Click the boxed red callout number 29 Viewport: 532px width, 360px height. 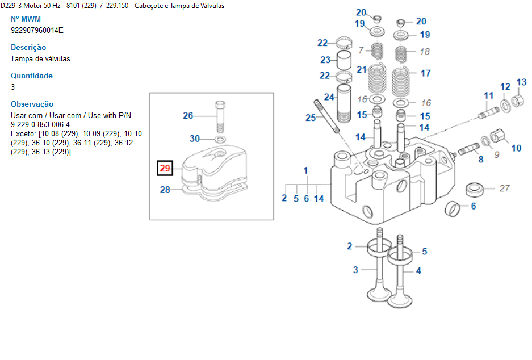(x=165, y=168)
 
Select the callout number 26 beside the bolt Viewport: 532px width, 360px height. (x=188, y=116)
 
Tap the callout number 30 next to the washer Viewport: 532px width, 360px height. (x=195, y=139)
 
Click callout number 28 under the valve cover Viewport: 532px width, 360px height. (x=165, y=190)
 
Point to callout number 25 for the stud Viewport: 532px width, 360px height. (x=311, y=118)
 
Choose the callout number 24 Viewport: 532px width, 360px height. (x=329, y=97)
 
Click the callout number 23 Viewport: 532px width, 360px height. (x=325, y=60)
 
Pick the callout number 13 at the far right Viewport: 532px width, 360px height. (x=521, y=83)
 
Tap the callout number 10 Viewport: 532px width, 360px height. (x=516, y=148)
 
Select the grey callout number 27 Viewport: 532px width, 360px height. (x=504, y=189)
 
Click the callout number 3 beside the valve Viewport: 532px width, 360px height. (x=355, y=270)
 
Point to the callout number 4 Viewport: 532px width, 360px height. (x=418, y=271)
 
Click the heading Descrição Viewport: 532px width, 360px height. (x=28, y=48)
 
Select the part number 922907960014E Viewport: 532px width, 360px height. (x=37, y=30)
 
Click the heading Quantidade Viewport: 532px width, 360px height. (x=32, y=76)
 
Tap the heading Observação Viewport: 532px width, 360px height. (x=32, y=104)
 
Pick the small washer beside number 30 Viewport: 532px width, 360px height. (x=220, y=139)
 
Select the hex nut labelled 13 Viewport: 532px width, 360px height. (x=517, y=102)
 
